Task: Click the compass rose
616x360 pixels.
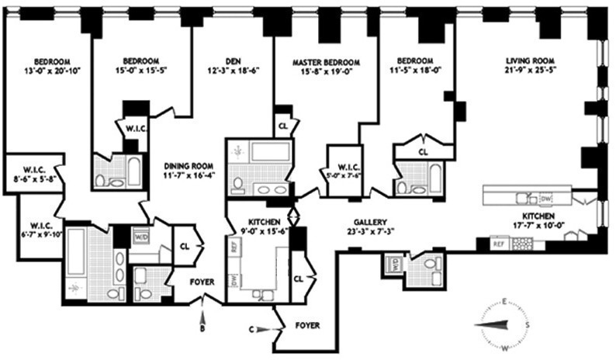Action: coord(507,322)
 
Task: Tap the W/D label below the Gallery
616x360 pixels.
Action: coord(392,263)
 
